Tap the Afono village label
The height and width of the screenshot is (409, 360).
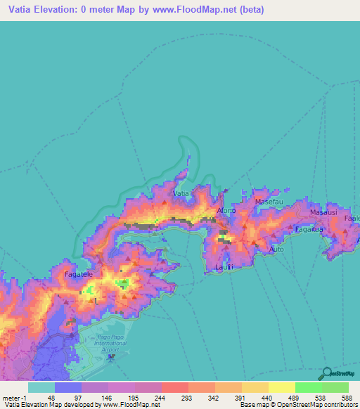click(226, 210)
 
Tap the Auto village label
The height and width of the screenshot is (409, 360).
click(276, 249)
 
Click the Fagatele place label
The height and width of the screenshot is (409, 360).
click(78, 275)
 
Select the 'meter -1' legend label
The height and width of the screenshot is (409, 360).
click(14, 397)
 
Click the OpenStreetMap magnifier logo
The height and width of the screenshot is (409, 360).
click(327, 373)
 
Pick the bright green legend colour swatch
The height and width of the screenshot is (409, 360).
click(309, 387)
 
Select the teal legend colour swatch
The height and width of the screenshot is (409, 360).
click(41, 387)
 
